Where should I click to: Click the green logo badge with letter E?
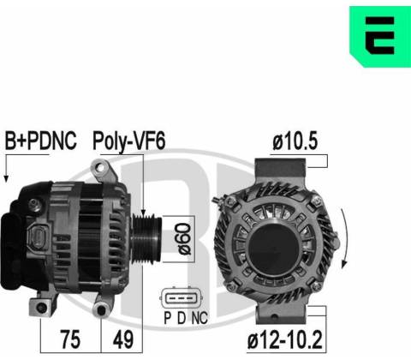pyautogui.click(x=380, y=36)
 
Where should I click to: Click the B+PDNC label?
pyautogui.click(x=41, y=141)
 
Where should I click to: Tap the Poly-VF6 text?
pyautogui.click(x=128, y=141)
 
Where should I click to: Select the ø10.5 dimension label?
pyautogui.click(x=295, y=141)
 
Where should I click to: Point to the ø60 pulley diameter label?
pyautogui.click(x=184, y=239)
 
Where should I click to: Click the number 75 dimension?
pyautogui.click(x=70, y=339)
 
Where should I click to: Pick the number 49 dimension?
pyautogui.click(x=123, y=339)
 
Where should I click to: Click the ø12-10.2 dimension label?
pyautogui.click(x=284, y=339)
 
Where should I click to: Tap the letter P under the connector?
pyautogui.click(x=168, y=318)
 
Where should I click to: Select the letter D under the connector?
pyautogui.click(x=182, y=318)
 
